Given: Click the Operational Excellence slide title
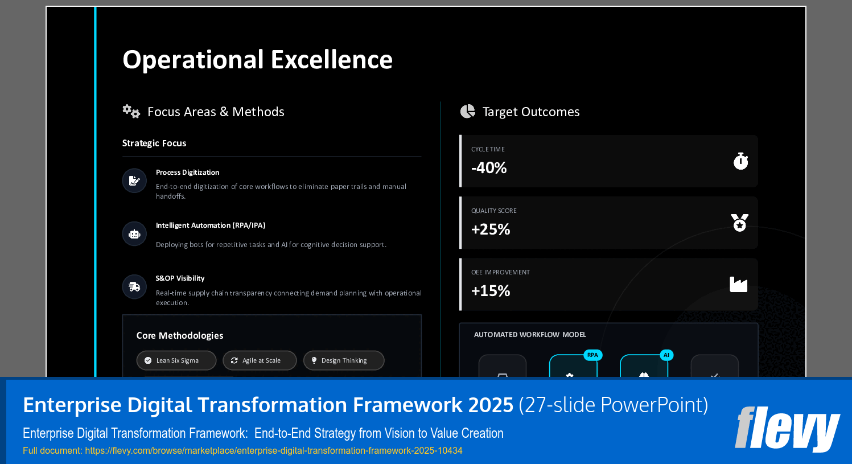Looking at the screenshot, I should [257, 60].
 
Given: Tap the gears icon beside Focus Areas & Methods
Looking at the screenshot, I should [131, 111].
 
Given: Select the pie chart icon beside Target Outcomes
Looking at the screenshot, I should [468, 111].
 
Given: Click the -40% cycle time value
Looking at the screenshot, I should [489, 168].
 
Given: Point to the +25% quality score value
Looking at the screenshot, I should [491, 229].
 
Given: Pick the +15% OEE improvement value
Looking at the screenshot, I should [491, 291].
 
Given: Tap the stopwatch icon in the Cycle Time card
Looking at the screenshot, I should [740, 161].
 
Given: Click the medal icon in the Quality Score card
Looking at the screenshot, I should [739, 223].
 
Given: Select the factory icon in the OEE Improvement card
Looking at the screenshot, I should [738, 284].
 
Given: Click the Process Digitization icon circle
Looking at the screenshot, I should [134, 180].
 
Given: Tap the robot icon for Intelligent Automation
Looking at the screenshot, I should [134, 234].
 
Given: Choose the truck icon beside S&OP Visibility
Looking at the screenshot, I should [134, 287].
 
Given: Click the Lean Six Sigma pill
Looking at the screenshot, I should [176, 360].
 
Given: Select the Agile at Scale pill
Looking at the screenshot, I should [260, 360].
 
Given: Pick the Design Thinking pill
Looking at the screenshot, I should [344, 360].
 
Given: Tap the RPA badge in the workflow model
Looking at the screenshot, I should [592, 355].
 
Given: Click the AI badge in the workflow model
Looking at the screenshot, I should [666, 355].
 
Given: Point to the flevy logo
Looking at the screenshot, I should [787, 428].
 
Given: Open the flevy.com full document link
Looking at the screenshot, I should [274, 450].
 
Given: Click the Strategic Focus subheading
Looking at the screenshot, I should [154, 143].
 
